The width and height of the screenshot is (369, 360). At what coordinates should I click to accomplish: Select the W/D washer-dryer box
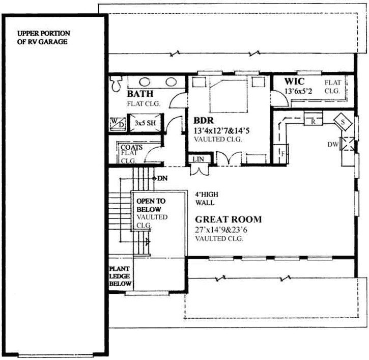[117, 122]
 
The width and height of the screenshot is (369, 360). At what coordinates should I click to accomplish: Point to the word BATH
[140, 94]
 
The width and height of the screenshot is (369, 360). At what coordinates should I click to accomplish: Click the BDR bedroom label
[203, 122]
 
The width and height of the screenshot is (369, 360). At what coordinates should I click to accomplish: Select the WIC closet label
[295, 81]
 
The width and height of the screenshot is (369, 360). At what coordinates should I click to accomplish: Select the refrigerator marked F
[281, 151]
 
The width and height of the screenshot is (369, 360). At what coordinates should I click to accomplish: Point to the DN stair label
[163, 178]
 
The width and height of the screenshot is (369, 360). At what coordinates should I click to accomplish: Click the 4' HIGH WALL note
[205, 198]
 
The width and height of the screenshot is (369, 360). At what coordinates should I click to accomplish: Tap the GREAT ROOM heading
[228, 219]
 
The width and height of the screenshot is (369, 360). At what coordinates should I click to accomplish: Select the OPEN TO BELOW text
[149, 205]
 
